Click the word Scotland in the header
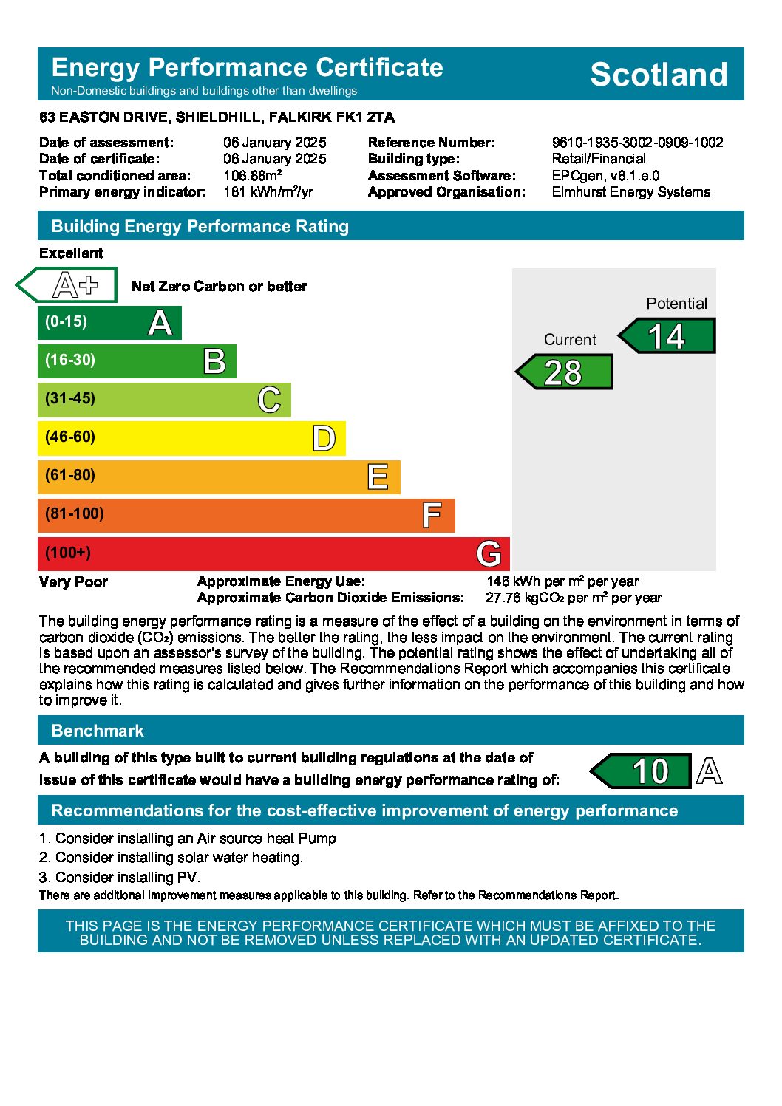[x=659, y=75]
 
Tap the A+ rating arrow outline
[x=67, y=285]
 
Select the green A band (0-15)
[x=109, y=322]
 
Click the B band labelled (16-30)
[x=137, y=361]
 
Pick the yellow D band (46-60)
[x=191, y=437]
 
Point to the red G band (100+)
[x=273, y=553]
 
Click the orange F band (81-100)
[x=246, y=515]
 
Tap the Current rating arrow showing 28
[x=565, y=372]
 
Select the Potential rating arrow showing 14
[x=667, y=337]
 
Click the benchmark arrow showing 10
[x=642, y=771]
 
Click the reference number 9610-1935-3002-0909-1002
[x=637, y=143]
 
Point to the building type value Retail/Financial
[x=599, y=159]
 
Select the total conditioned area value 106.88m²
[x=252, y=176]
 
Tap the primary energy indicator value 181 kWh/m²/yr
[x=268, y=192]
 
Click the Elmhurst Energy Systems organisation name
[x=630, y=192]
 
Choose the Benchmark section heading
[x=98, y=731]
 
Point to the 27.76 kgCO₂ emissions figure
[x=574, y=598]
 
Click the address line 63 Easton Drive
[x=217, y=117]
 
